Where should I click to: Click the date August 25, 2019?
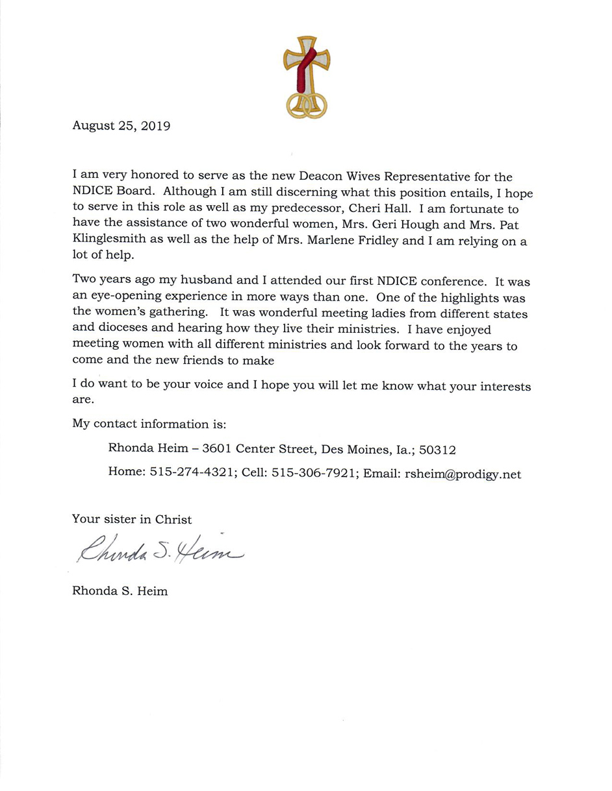point(121,126)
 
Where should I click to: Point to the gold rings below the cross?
point(307,104)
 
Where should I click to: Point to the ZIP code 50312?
point(438,449)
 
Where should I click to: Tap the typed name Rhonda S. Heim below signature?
point(120,591)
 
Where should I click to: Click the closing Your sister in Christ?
point(132,519)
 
